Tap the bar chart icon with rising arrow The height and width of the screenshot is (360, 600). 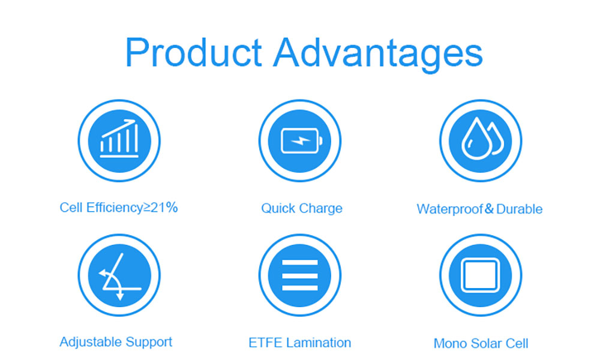(119, 139)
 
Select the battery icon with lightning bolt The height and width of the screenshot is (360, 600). (302, 141)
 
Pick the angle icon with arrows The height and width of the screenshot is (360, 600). (119, 276)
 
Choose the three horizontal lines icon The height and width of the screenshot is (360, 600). (299, 275)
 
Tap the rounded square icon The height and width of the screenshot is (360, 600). (480, 275)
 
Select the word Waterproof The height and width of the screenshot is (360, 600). (449, 209)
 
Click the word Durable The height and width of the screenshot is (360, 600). (519, 209)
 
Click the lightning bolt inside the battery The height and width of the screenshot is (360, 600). (301, 141)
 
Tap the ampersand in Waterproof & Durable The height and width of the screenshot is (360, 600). (490, 209)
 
